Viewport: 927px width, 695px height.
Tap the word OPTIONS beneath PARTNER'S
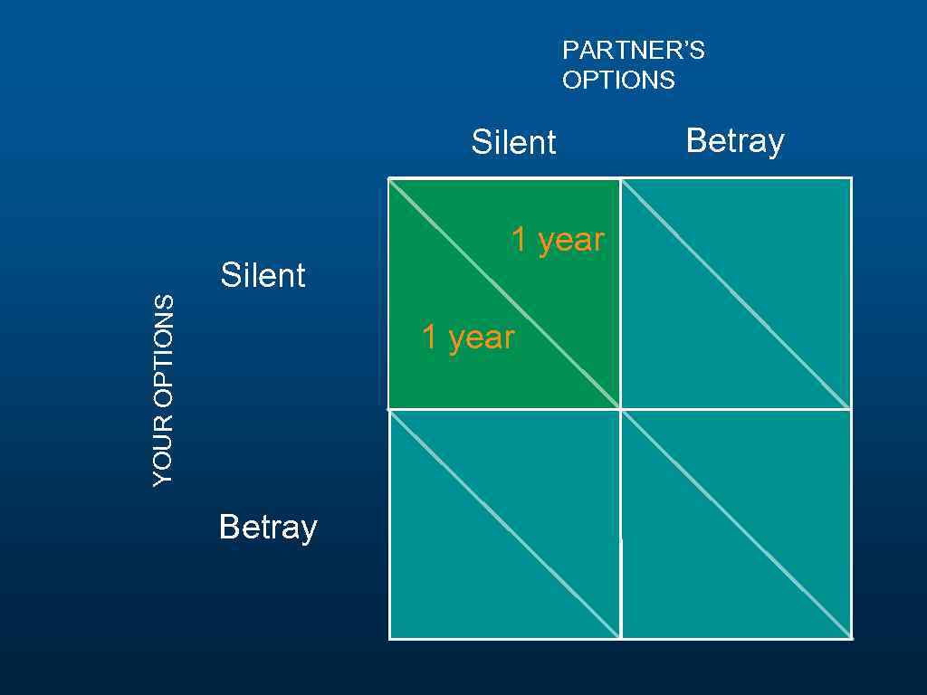618,81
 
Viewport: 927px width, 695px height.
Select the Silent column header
513,143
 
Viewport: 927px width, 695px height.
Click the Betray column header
735,142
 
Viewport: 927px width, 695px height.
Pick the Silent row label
263,275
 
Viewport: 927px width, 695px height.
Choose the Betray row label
268,527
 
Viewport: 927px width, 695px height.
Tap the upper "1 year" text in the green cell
558,240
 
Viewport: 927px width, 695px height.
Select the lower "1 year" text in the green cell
468,338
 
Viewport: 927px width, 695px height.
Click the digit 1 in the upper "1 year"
520,240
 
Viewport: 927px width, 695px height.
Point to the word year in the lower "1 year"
482,338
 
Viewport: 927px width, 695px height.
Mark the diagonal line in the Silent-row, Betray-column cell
736,293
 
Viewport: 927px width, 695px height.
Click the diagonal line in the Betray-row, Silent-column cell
504,525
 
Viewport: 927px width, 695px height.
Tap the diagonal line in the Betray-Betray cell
736,525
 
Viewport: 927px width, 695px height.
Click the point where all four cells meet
620,409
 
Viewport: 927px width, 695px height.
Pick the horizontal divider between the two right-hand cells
736,409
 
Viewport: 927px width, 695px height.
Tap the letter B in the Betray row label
228,526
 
